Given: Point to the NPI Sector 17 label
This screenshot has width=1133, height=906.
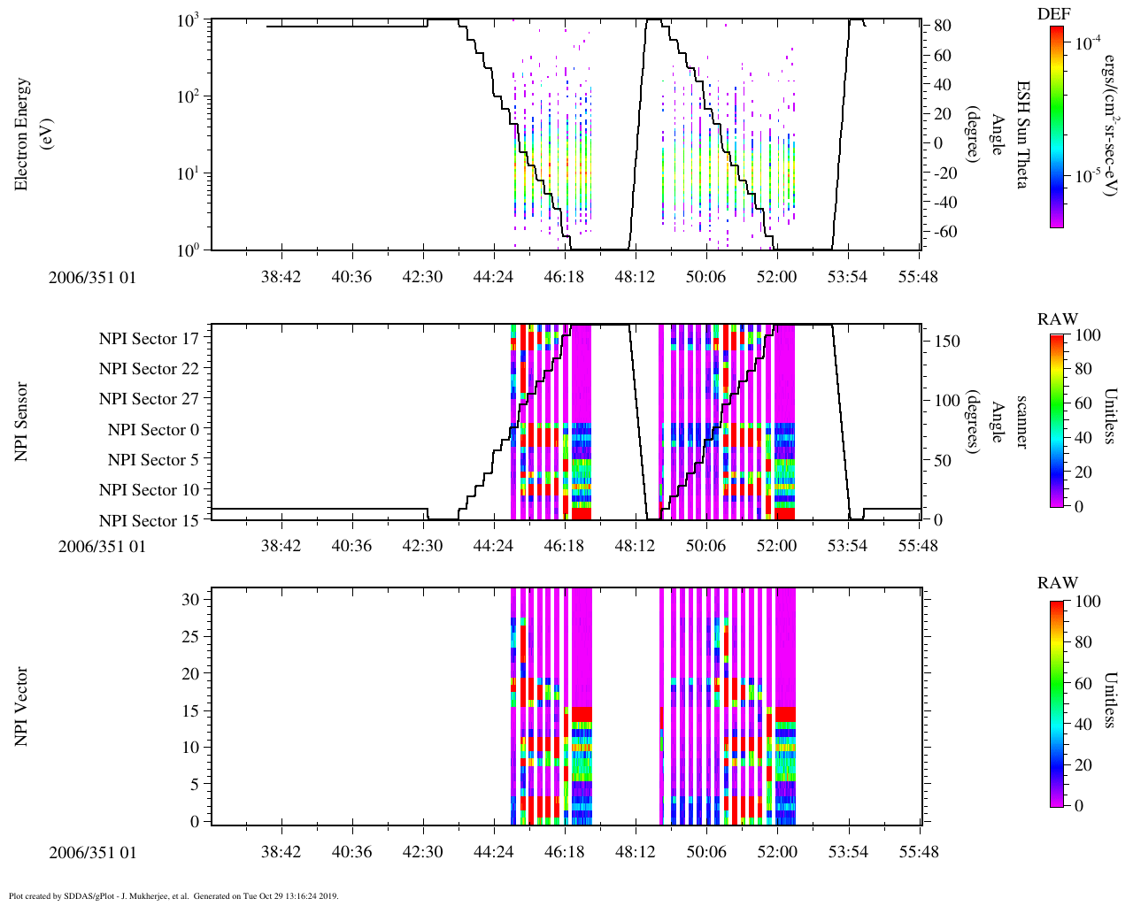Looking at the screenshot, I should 149,338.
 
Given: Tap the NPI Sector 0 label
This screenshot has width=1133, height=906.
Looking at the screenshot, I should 153,429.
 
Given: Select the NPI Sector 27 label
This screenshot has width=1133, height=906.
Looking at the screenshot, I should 149,399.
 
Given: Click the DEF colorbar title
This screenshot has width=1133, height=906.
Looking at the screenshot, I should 1053,13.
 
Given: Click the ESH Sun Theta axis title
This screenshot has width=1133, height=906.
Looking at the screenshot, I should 1022,134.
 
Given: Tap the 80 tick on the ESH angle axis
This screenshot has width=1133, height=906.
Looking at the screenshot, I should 942,26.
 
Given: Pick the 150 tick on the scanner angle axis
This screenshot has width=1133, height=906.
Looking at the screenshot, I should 947,341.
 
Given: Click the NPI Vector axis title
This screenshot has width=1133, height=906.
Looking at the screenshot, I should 21,706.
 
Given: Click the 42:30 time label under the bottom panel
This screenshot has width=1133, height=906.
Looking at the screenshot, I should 422,852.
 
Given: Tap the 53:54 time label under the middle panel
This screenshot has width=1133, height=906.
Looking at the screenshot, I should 847,546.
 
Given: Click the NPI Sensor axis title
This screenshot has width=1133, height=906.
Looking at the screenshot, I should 21,421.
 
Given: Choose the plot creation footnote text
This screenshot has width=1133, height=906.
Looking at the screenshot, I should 173,895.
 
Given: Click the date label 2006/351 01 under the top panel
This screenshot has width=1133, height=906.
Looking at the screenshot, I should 92,277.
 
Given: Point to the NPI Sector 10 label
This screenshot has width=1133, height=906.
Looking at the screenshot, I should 149,489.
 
